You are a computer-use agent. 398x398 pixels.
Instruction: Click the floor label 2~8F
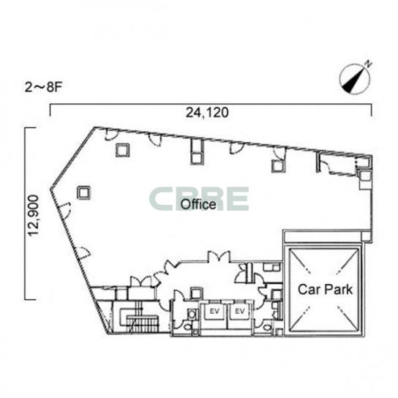(43, 88)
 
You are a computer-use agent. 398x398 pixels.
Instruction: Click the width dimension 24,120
(207, 113)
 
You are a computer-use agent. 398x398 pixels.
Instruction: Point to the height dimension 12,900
(33, 216)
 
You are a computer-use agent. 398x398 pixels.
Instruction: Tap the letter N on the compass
(369, 64)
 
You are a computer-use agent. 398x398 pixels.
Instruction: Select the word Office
(198, 204)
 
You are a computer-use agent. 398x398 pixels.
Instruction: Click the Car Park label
(325, 290)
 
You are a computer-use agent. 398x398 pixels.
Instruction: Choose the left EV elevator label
(214, 311)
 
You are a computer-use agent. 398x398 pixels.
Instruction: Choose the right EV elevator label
(240, 311)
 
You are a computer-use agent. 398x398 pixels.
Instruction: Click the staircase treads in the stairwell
(143, 324)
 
